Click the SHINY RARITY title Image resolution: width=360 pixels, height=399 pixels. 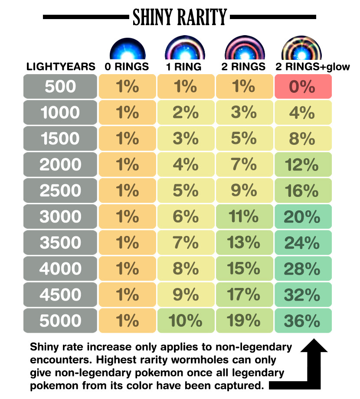pyautogui.click(x=180, y=17)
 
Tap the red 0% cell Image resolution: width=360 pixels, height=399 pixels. pyautogui.click(x=303, y=86)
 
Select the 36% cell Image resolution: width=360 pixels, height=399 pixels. pyautogui.click(x=303, y=321)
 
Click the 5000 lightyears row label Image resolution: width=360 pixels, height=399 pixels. pyautogui.click(x=60, y=321)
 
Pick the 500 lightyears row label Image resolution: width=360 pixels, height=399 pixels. pyautogui.click(x=60, y=86)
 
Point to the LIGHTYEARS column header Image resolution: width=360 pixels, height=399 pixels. pyautogui.click(x=61, y=67)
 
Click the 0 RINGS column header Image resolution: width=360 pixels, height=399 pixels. pyautogui.click(x=127, y=67)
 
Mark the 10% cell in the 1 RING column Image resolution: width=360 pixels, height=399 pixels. pyautogui.click(x=186, y=321)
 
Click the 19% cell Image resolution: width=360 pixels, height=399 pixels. pyautogui.click(x=244, y=321)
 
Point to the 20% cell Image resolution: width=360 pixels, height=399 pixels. pyautogui.click(x=303, y=216)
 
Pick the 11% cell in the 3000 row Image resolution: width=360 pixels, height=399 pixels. pyautogui.click(x=244, y=216)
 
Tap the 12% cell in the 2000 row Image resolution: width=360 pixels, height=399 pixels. pyautogui.click(x=303, y=164)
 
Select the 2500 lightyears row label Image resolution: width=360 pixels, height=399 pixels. pyautogui.click(x=60, y=190)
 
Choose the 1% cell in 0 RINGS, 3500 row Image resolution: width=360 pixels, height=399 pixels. pyautogui.click(x=127, y=242)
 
